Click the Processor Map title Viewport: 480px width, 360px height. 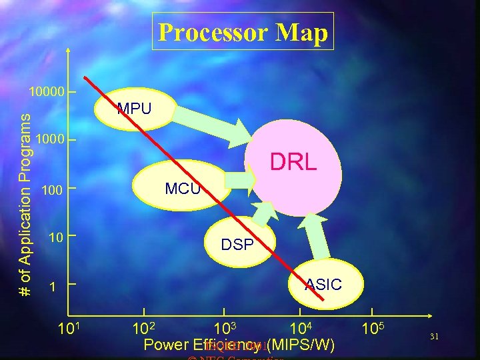(243, 32)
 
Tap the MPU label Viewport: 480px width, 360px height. (134, 108)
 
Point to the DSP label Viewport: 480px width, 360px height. (237, 245)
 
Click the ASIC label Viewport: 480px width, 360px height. (323, 285)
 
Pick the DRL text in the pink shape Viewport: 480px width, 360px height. (293, 162)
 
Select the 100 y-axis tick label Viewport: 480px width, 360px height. (52, 192)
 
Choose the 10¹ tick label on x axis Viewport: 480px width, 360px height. (71, 329)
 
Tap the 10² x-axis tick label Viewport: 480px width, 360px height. (144, 329)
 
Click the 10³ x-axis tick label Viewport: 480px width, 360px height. (225, 329)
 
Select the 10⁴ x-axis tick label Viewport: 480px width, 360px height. (301, 328)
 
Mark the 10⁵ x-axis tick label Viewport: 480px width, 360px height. (373, 328)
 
